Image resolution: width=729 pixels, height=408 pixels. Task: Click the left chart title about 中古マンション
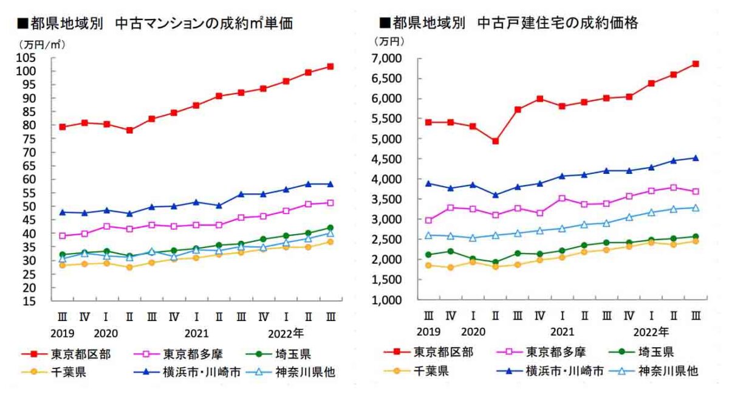(155, 24)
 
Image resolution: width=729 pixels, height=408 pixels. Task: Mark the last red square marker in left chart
(330, 66)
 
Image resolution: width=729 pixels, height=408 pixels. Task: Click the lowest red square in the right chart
(495, 141)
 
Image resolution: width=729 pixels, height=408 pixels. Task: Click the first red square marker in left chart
(63, 127)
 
